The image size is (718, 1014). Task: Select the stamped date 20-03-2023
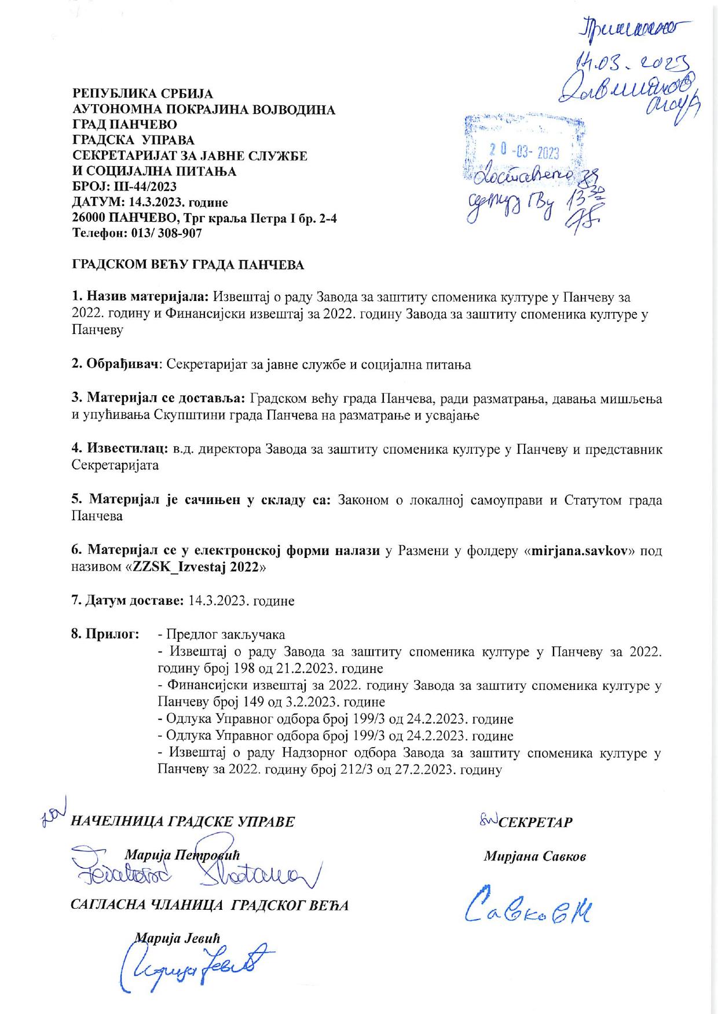coord(522,152)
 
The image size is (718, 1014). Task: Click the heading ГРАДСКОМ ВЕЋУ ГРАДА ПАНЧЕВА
coord(188,265)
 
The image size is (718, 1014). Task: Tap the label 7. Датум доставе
coord(127,601)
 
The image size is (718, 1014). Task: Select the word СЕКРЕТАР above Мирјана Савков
coord(536,822)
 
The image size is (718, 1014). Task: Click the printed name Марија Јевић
coord(177,938)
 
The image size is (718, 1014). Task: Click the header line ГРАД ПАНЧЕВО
coord(124,124)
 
